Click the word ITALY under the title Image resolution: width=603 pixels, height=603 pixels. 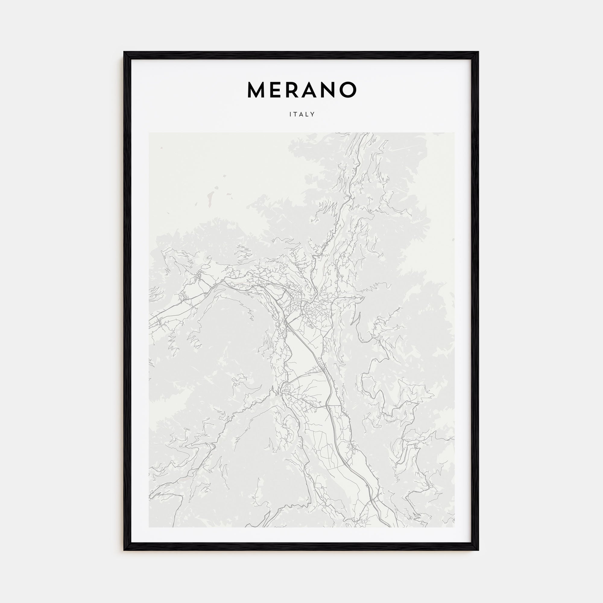point(302,115)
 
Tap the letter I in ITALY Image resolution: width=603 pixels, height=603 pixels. point(290,115)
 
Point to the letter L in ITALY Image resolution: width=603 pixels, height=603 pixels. point(307,115)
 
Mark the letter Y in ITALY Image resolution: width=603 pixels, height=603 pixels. point(313,115)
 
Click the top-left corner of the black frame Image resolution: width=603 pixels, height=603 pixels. point(124,52)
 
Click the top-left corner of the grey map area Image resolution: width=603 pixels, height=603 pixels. point(149,133)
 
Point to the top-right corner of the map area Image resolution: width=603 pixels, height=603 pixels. point(455,133)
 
